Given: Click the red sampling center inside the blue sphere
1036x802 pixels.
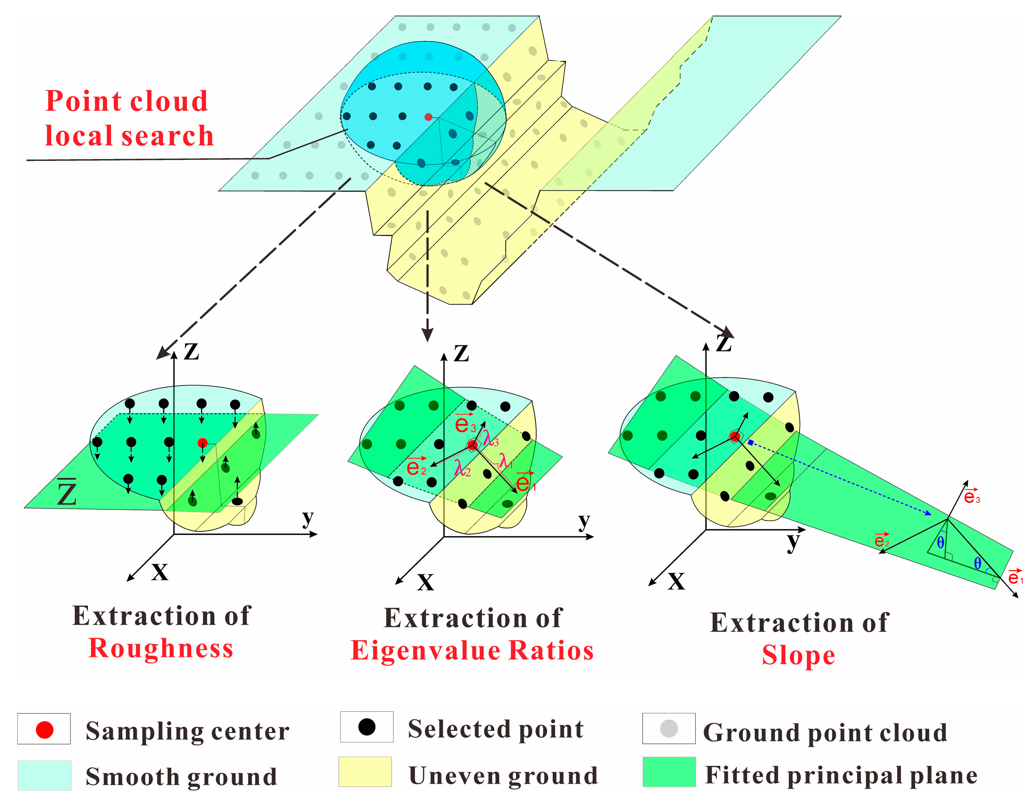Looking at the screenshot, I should [x=428, y=117].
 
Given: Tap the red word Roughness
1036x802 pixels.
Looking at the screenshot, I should [x=161, y=649].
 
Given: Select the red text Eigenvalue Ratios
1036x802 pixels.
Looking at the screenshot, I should [x=472, y=650].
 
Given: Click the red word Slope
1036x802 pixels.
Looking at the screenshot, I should [x=798, y=655].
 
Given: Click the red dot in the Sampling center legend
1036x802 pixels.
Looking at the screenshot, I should [x=44, y=730].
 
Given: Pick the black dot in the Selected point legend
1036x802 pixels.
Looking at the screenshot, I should [x=367, y=727].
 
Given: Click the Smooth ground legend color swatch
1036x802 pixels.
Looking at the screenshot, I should [x=44, y=775].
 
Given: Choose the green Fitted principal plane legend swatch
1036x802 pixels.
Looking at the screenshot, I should [x=669, y=772].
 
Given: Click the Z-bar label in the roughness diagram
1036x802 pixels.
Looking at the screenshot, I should [x=67, y=493].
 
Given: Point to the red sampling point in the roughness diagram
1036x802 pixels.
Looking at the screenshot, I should [x=202, y=443].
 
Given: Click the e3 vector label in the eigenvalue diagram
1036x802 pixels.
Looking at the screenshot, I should [x=465, y=424].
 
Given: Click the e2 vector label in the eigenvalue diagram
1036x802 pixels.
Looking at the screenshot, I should [x=416, y=467].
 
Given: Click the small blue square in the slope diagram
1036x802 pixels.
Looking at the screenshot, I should [x=750, y=442].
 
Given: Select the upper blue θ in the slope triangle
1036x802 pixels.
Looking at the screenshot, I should [x=941, y=543].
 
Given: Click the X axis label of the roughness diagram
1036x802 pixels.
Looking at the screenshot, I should [x=160, y=573].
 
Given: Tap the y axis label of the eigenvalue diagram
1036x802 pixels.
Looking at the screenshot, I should [x=584, y=521].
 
